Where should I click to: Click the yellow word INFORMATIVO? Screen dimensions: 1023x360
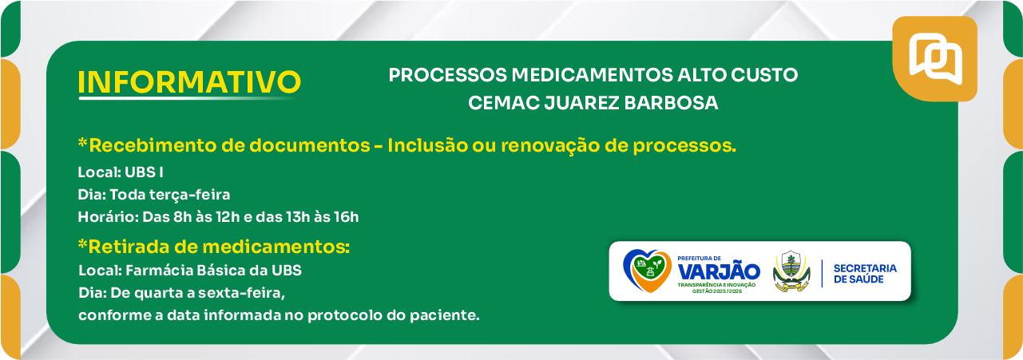189,82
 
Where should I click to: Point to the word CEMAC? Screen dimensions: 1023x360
503,103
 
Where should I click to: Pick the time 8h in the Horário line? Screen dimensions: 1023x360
183,217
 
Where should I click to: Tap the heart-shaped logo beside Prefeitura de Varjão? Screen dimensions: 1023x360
647,271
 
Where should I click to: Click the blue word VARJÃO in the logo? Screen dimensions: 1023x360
719,272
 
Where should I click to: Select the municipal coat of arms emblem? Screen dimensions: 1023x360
791,271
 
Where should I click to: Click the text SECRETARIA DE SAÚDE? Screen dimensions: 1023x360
865,274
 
